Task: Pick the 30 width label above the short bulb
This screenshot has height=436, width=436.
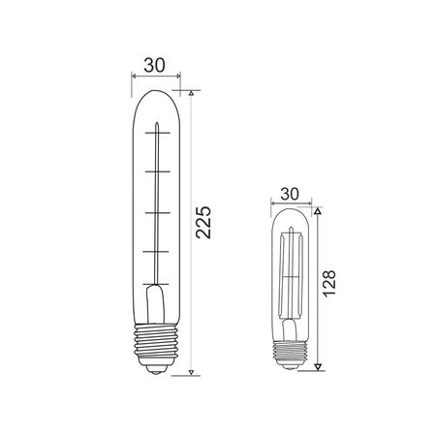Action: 289,193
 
